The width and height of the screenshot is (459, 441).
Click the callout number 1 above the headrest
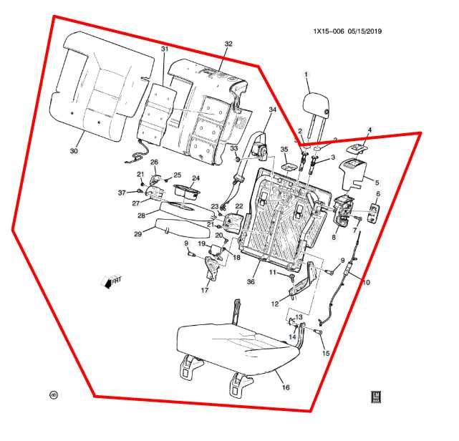coord(306,74)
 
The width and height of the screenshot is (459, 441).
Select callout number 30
coord(74,152)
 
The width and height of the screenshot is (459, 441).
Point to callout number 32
coord(228,44)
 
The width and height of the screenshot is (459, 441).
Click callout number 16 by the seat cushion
coord(286,387)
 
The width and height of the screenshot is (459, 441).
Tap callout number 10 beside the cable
coord(366,282)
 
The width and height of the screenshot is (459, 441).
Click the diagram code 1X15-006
coord(330,31)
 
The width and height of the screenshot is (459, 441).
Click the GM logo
coord(374,397)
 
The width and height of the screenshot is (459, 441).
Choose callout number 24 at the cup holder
coord(195,178)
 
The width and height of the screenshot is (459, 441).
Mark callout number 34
coord(272,110)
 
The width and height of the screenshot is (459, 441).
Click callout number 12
coord(274,304)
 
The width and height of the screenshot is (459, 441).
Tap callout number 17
coord(205,291)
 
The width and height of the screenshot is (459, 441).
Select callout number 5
coord(377,182)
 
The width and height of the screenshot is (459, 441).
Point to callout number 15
coord(326,354)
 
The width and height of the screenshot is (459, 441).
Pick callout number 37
coord(122,193)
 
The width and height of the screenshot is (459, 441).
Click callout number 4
coord(370,130)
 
